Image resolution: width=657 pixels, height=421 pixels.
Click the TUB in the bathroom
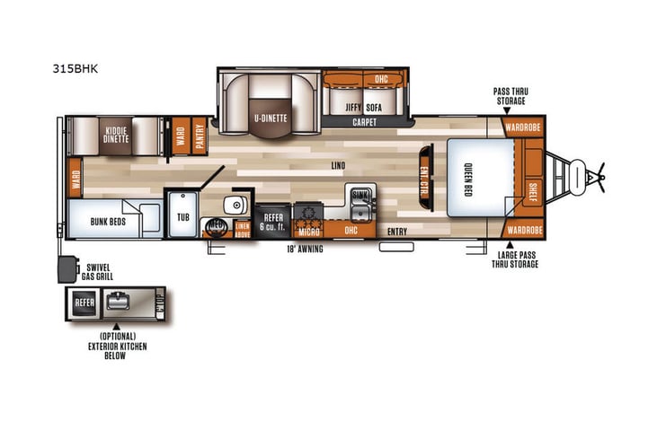point(183,217)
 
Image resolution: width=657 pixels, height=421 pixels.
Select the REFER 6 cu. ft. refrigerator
point(271,221)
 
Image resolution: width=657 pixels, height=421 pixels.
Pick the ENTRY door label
point(396,232)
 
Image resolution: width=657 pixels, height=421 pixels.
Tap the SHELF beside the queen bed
point(533,192)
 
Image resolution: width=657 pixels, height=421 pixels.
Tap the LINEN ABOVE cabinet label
point(242,229)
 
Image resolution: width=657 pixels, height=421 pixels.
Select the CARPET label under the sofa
point(364,121)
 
